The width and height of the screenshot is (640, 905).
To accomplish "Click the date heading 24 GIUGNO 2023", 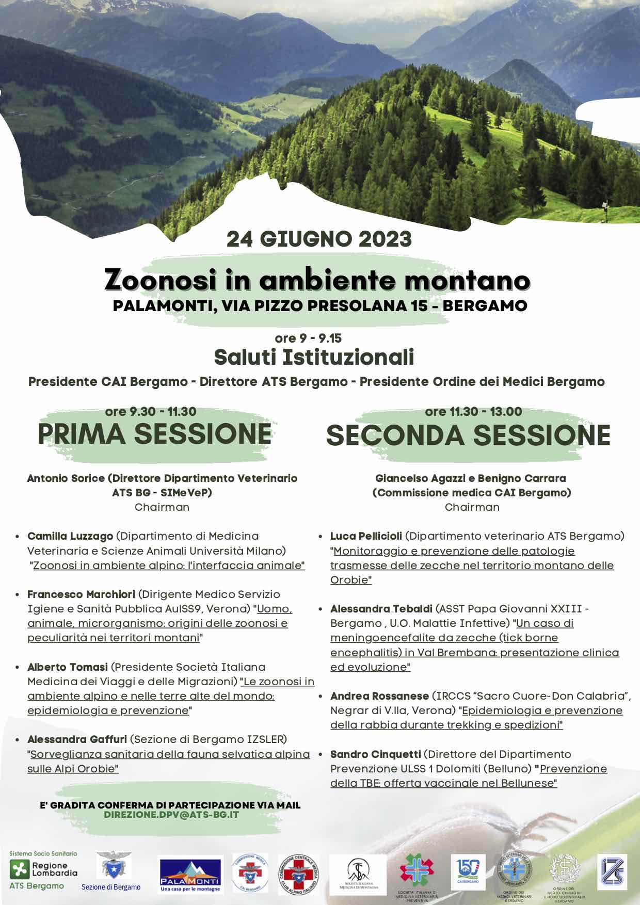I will click(319, 239).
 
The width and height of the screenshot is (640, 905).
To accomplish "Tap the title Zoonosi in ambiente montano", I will click(317, 280).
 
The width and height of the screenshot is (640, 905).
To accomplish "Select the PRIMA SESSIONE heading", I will click(154, 433).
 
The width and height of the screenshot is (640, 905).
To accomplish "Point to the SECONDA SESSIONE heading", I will click(468, 435).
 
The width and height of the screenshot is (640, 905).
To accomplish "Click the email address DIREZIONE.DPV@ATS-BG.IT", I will click(171, 815).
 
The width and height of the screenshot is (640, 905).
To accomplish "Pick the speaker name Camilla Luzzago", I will click(70, 536).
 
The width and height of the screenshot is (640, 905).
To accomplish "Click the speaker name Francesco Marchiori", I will click(81, 594).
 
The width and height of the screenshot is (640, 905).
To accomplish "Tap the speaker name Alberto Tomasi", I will click(68, 667).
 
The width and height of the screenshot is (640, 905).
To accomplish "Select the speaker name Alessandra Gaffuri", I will click(77, 739).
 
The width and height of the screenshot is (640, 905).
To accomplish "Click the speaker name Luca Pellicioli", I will click(366, 536).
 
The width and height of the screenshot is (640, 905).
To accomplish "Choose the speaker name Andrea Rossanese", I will click(379, 696).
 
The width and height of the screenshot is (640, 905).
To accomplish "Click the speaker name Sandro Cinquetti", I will click(375, 754).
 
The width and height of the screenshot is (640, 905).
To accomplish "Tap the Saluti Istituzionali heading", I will click(314, 357).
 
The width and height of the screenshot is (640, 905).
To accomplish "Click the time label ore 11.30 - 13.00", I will click(473, 412).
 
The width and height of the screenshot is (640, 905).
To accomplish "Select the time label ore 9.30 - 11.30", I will click(151, 412).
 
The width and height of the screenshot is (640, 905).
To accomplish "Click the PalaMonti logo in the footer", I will click(190, 875).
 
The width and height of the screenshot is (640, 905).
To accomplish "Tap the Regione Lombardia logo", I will click(44, 870).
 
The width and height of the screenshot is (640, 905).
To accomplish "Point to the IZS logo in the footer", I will click(612, 872).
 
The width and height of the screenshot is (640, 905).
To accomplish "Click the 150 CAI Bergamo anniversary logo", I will click(468, 872).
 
